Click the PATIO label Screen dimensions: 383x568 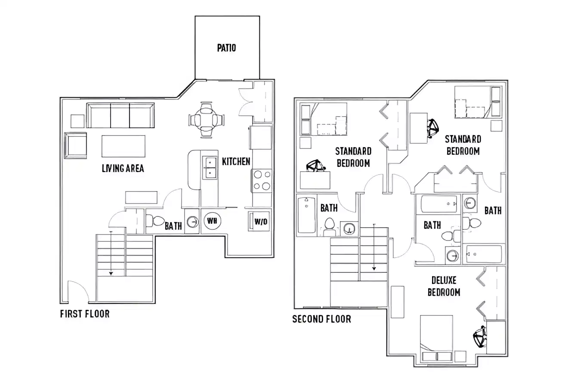[x=226, y=48]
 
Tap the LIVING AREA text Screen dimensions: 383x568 [x=123, y=168]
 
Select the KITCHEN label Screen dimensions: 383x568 [x=236, y=162]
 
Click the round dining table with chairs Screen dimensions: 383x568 [x=207, y=120]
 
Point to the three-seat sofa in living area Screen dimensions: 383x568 [x=120, y=115]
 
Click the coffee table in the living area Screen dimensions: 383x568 [x=123, y=146]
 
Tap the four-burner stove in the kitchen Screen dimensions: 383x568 [x=262, y=180]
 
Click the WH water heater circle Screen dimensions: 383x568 [x=212, y=221]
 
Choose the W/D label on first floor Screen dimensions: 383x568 [x=261, y=222]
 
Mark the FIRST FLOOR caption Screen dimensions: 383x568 [x=85, y=314]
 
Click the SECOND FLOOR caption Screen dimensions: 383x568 [x=321, y=319]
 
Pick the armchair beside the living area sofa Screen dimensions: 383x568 [x=76, y=145]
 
